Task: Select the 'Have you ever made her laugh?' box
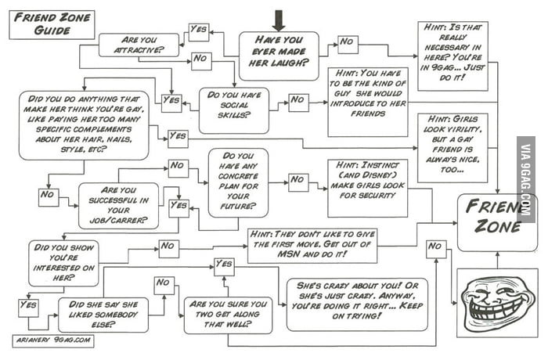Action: coord(278,55)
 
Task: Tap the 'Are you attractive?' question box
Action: coord(138,45)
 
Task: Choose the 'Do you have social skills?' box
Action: coord(233,105)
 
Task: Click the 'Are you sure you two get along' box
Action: coord(226,315)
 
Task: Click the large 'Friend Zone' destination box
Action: coord(496,219)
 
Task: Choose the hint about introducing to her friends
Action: coord(367,101)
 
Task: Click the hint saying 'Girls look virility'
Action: coord(452,147)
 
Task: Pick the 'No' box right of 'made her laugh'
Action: coord(348,45)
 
